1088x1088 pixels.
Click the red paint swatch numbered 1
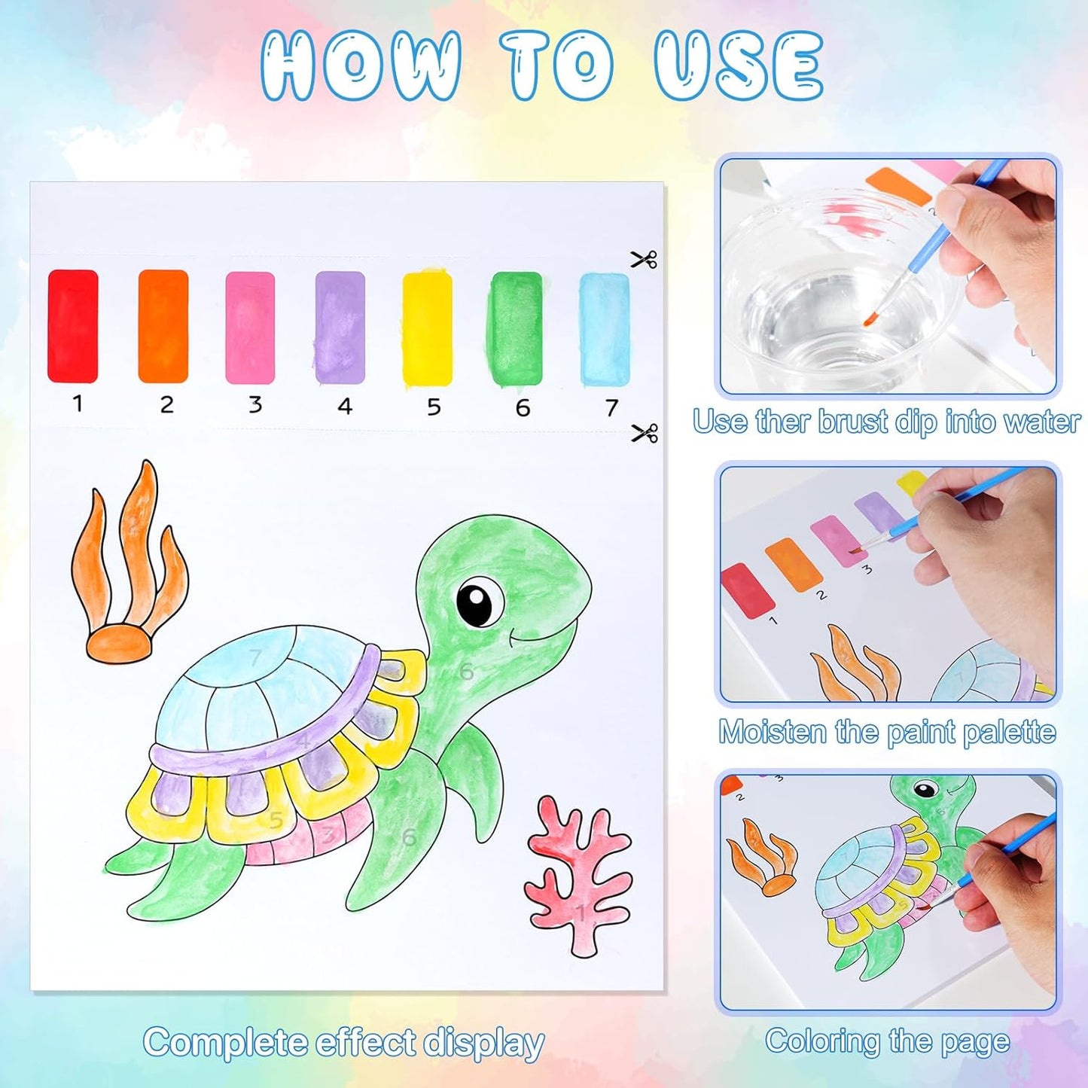point(73,326)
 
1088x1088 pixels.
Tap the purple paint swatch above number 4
point(340,328)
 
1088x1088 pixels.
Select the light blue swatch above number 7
point(605,330)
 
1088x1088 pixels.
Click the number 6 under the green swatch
point(523,407)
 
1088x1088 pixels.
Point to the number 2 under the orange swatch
point(166,405)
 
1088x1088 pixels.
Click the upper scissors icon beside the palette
point(644,260)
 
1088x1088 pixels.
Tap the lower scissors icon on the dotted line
point(645,433)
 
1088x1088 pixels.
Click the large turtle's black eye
point(479,602)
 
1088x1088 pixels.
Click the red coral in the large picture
point(578,877)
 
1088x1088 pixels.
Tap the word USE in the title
point(739,66)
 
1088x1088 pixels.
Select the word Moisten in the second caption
point(772,732)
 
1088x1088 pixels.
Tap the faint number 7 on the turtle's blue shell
point(256,657)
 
